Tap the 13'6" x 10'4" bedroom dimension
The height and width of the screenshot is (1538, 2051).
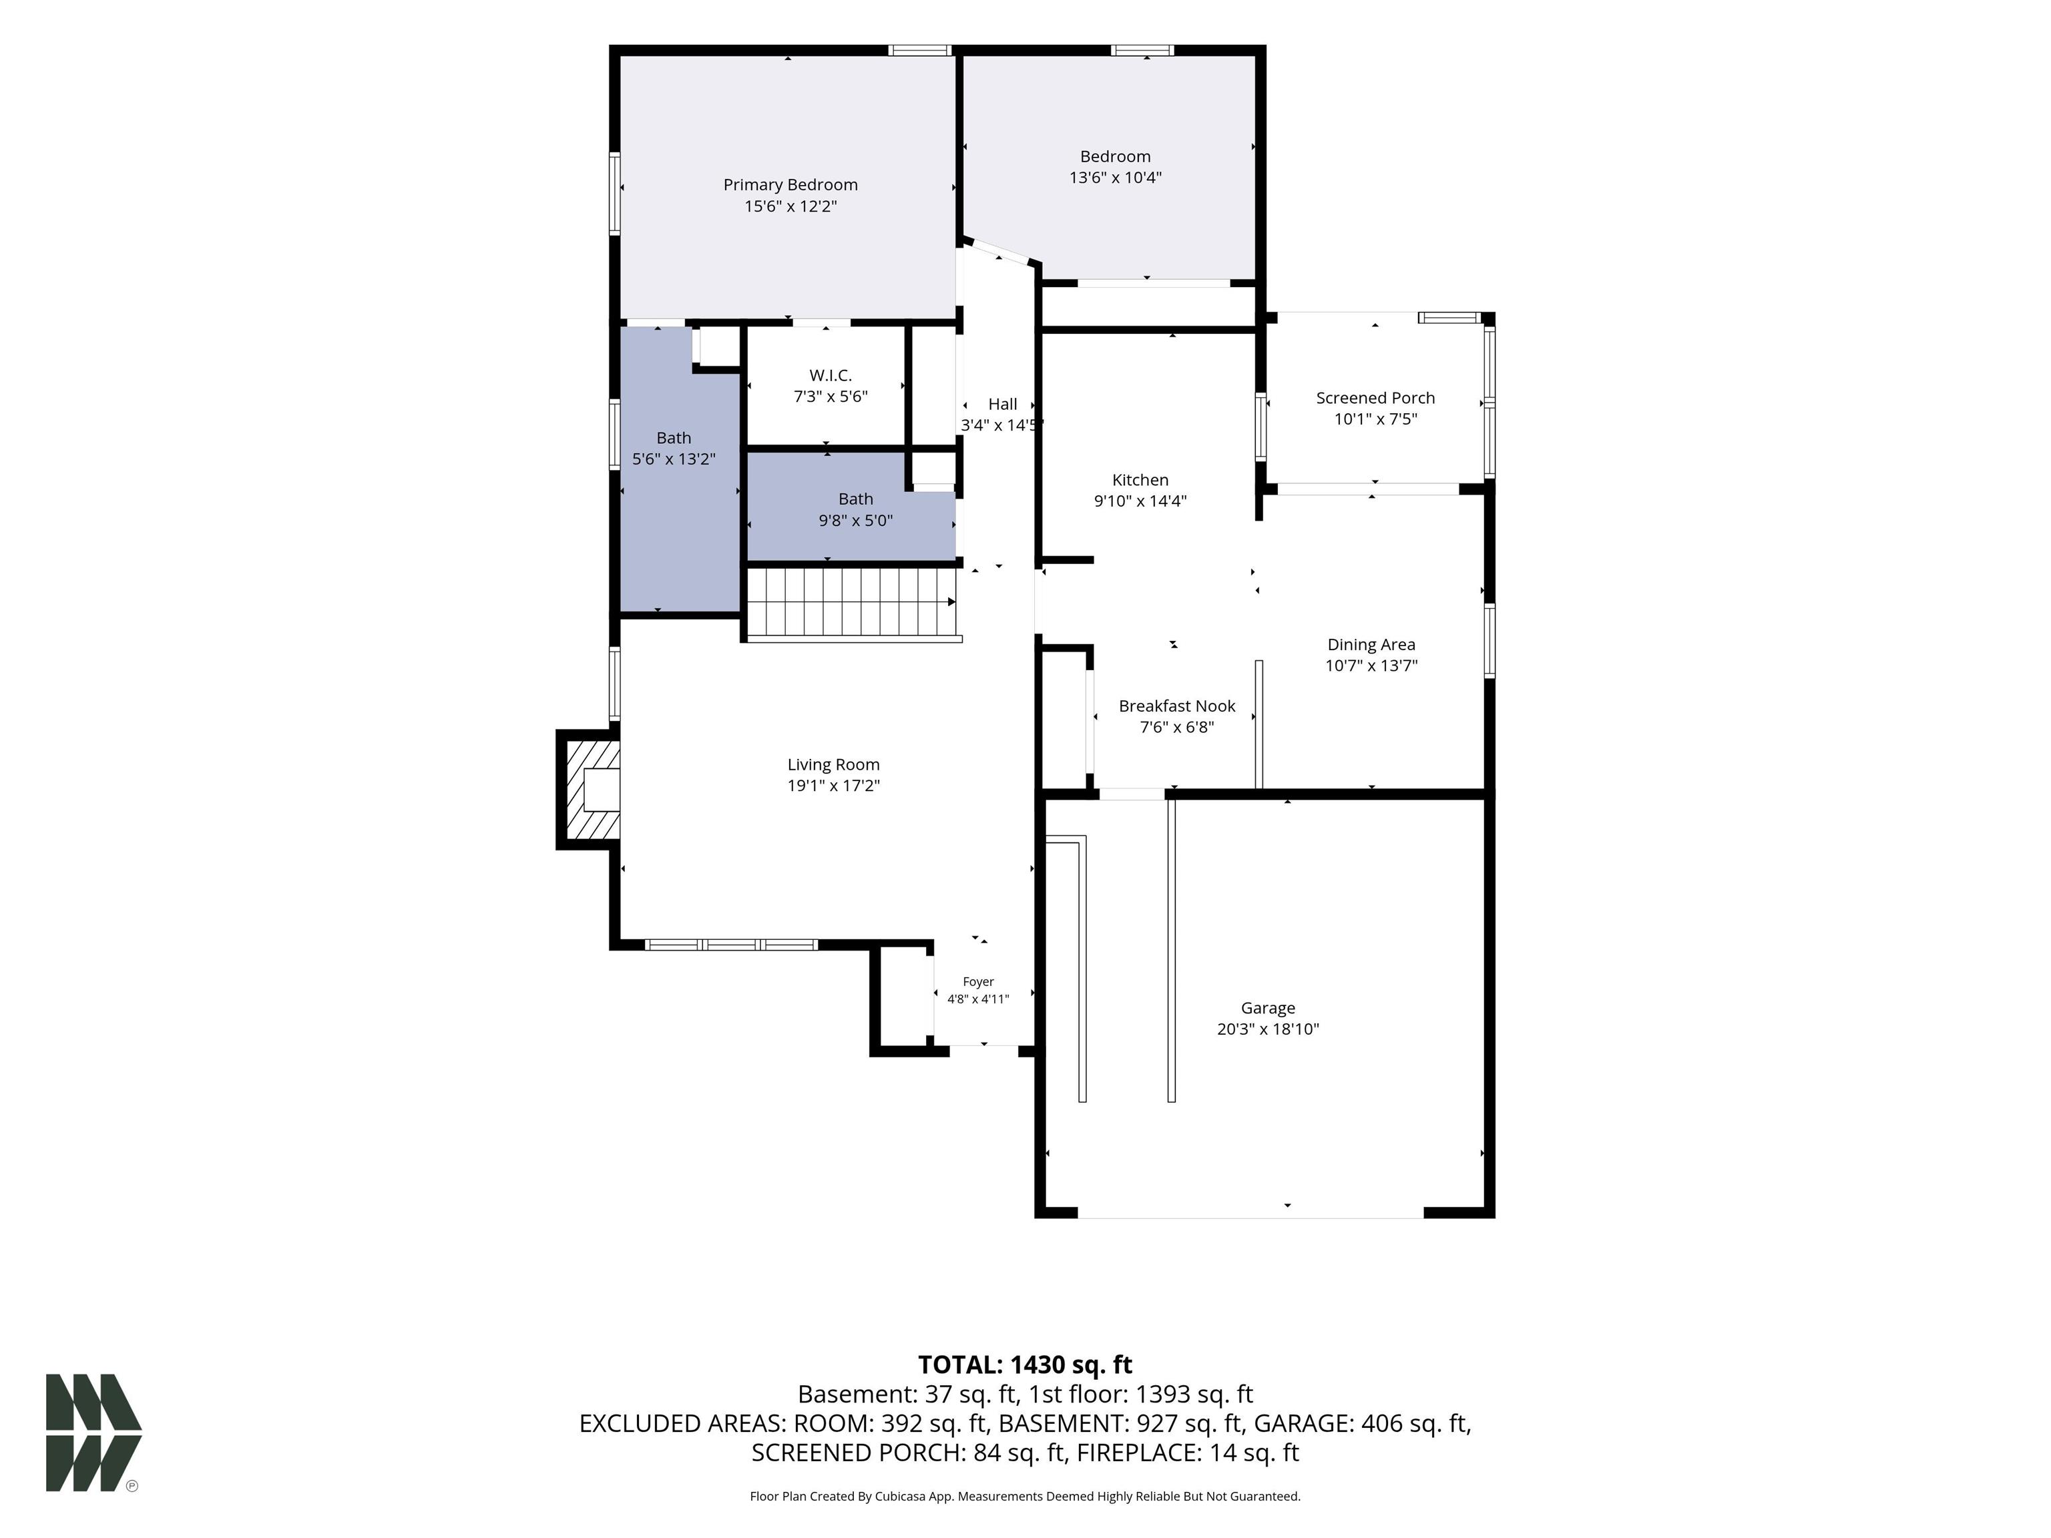(x=1116, y=177)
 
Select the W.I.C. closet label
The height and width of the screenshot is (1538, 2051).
(x=830, y=375)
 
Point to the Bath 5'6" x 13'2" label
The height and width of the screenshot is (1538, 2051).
(x=674, y=449)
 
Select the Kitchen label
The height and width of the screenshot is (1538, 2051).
(x=1140, y=480)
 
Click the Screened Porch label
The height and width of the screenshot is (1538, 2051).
(x=1375, y=398)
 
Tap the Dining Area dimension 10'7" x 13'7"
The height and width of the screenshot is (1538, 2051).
(x=1371, y=666)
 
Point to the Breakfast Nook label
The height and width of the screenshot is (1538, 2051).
(x=1176, y=706)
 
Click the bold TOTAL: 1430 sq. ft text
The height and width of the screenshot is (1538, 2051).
(x=1025, y=1364)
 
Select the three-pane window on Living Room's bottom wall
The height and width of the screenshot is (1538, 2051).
(x=730, y=945)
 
